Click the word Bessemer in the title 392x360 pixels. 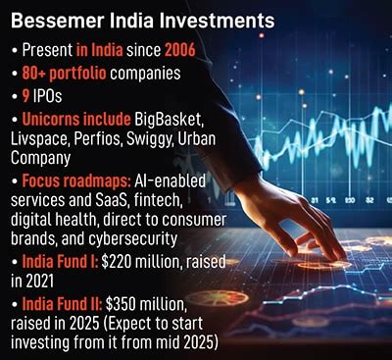[59, 19]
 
